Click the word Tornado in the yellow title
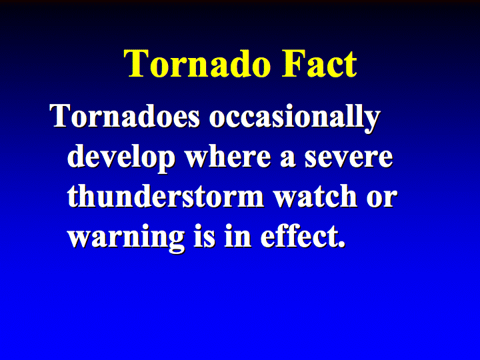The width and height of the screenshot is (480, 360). point(197,64)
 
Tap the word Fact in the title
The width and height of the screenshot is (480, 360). point(319,64)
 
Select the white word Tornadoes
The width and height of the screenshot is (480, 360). point(125,116)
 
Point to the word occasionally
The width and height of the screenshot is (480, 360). point(295,118)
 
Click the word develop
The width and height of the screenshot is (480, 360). point(121,159)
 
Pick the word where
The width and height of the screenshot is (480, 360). point(229,156)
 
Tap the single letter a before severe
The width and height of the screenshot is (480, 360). point(288,159)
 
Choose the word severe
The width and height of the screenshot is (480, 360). point(349,159)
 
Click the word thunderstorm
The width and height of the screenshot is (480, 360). point(165,195)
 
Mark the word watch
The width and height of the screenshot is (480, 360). point(315,195)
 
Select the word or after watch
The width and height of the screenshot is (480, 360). point(382,199)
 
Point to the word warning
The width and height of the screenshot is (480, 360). point(126,238)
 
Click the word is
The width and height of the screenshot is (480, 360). point(205,236)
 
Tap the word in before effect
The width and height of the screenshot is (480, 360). point(238,236)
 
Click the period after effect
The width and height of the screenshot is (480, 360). point(341,245)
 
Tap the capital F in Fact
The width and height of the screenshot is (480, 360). point(293,64)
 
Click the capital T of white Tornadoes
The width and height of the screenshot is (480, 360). point(61,116)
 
